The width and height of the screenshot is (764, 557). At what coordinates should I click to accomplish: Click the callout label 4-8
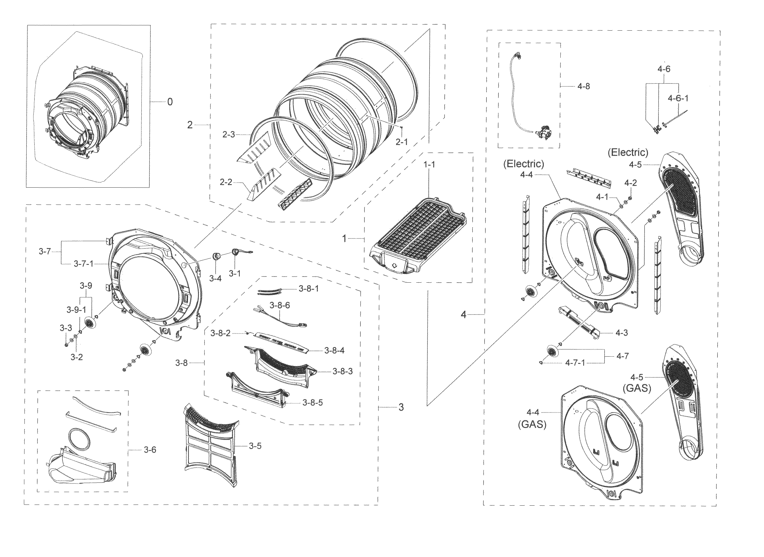[584, 86]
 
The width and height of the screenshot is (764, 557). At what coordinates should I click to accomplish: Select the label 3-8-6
[280, 306]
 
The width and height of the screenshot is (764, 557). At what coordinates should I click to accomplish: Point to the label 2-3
[228, 135]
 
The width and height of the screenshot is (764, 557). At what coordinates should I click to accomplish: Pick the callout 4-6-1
[678, 98]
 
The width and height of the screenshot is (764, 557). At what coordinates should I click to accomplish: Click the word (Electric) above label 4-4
[523, 164]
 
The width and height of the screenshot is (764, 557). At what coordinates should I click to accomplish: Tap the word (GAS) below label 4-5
[637, 389]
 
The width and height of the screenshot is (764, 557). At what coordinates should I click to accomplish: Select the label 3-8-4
[334, 351]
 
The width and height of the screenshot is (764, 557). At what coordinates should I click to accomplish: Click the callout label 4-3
[622, 333]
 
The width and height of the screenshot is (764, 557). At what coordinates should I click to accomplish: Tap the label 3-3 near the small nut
[66, 328]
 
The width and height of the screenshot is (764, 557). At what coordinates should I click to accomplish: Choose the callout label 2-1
[401, 142]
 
